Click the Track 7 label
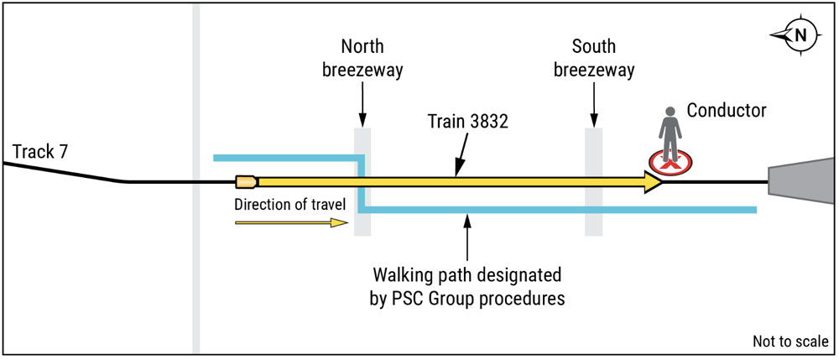click(40, 152)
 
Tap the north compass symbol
click(800, 35)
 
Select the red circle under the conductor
click(670, 162)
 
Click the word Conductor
click(727, 111)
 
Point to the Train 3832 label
click(467, 122)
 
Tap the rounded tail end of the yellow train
click(247, 182)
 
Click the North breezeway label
click(362, 58)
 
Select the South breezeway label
click(594, 58)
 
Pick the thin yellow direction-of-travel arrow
click(292, 222)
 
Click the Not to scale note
click(791, 342)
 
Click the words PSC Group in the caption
click(425, 298)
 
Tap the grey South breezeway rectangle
click(593, 182)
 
